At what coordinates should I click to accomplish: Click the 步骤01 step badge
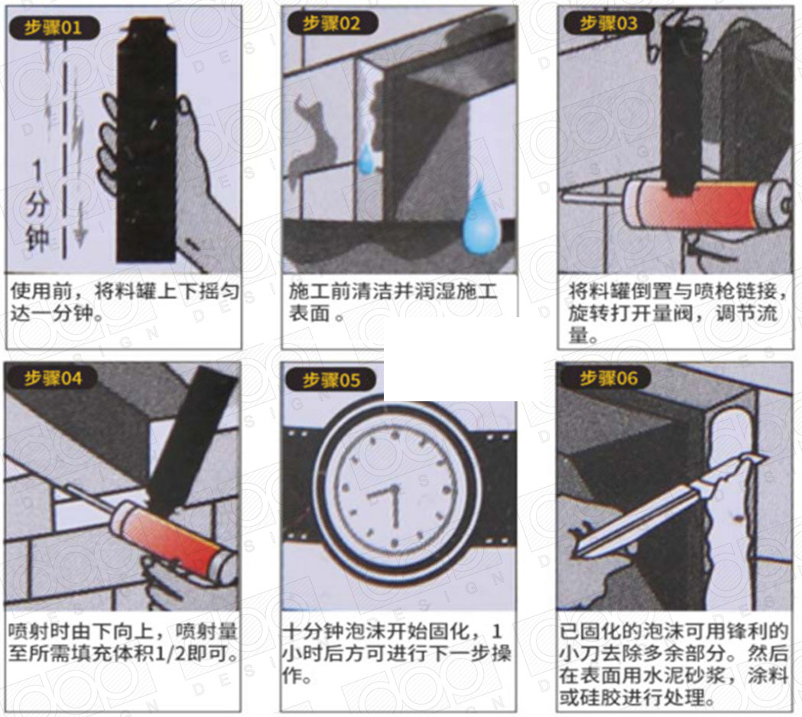pos(54,28)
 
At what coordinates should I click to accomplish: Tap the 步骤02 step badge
pos(333,24)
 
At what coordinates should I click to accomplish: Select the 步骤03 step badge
pos(609,23)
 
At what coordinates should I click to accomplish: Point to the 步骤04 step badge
pos(54,378)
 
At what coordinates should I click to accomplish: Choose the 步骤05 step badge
pos(331,380)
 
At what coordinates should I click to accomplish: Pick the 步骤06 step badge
pos(606,378)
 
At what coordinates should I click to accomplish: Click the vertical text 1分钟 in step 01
pos(37,206)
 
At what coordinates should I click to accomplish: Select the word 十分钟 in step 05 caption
pos(313,631)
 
